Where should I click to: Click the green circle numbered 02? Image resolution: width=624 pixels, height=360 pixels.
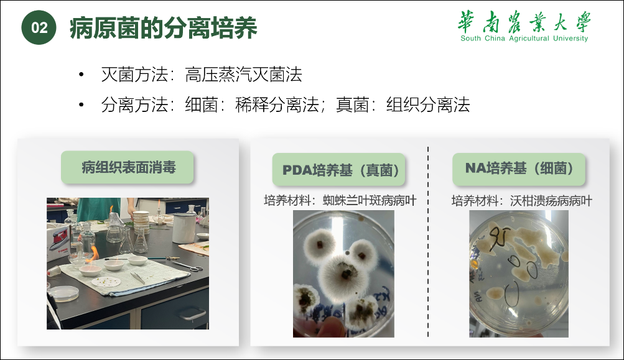(x=39, y=27)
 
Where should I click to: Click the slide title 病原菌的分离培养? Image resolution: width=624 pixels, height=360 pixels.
(x=164, y=27)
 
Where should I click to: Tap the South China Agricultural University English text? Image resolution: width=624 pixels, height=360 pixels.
(x=524, y=38)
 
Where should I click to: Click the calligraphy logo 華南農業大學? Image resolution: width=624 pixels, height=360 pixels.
(x=524, y=22)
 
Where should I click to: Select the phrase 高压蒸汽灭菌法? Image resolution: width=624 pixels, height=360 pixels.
(x=243, y=75)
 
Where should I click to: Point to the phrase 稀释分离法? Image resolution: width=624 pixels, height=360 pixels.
(x=277, y=104)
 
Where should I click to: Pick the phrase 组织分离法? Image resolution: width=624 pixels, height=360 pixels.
(x=428, y=104)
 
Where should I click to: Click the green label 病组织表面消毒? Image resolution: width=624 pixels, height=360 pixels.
(x=128, y=167)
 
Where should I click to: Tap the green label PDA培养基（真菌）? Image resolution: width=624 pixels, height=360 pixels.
(x=338, y=170)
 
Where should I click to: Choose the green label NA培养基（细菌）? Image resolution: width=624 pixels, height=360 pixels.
(x=519, y=168)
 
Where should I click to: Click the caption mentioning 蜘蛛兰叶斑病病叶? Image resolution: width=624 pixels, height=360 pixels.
(x=340, y=200)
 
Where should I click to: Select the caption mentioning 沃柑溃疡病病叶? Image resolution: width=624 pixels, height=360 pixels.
(x=522, y=200)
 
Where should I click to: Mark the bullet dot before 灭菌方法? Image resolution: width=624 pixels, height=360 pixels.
(x=81, y=75)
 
